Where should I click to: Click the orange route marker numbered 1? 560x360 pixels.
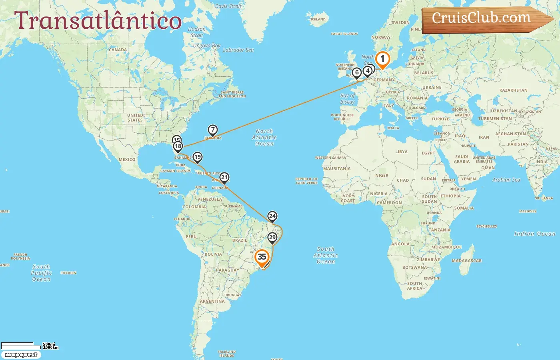(x=382, y=60)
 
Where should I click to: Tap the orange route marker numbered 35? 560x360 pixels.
(x=262, y=257)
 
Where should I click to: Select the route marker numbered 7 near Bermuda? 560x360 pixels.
(x=213, y=130)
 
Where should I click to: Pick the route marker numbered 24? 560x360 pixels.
(x=272, y=216)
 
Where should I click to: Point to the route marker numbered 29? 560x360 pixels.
(x=272, y=238)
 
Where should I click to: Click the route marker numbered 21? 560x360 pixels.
(x=224, y=178)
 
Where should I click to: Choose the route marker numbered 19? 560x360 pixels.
(x=198, y=157)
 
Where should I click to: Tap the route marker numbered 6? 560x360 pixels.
(x=357, y=73)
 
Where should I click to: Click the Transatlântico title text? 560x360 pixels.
(x=98, y=21)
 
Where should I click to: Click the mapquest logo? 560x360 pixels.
(x=21, y=355)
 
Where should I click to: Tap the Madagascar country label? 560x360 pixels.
(x=466, y=261)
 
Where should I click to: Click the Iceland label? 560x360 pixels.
(x=318, y=19)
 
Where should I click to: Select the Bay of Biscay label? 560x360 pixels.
(x=347, y=99)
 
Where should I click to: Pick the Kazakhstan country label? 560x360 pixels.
(x=513, y=90)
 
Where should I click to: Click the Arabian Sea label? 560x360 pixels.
(x=506, y=180)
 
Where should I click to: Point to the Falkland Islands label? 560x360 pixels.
(x=227, y=354)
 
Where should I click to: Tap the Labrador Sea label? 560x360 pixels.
(x=238, y=50)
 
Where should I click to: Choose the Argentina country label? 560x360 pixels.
(x=212, y=301)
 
